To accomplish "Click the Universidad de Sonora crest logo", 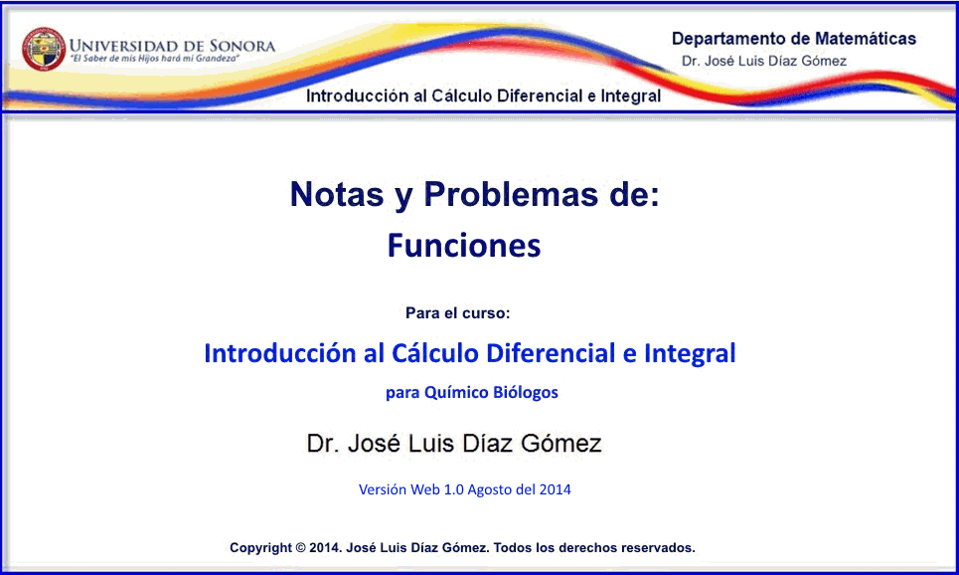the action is [x=44, y=49].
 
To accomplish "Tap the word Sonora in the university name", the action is [x=242, y=46].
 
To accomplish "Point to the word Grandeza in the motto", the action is [x=217, y=59].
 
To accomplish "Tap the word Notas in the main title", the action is [x=336, y=194].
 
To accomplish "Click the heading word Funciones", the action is [x=464, y=246].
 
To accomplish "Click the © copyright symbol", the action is [x=300, y=548].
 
